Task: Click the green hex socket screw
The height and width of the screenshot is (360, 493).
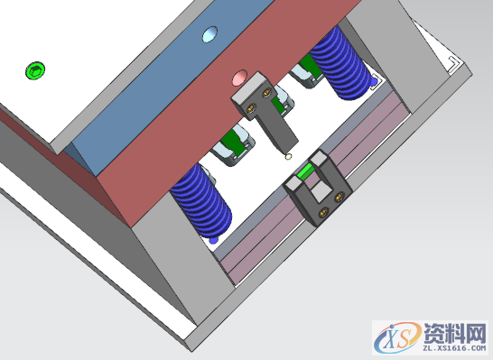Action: (35, 70)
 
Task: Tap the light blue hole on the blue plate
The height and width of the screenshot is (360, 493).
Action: (209, 34)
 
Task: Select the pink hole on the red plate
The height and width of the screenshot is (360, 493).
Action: (239, 78)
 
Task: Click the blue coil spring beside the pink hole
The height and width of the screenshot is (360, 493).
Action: (341, 63)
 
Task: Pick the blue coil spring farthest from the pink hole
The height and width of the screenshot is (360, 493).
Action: (201, 202)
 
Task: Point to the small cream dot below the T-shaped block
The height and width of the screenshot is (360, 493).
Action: (288, 156)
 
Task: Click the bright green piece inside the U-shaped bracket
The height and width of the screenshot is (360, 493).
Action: (304, 172)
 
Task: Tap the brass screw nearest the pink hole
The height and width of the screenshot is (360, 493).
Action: (266, 92)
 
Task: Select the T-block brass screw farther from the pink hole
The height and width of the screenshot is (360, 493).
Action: (251, 109)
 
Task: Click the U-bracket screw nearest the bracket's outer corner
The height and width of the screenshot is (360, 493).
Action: (323, 213)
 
